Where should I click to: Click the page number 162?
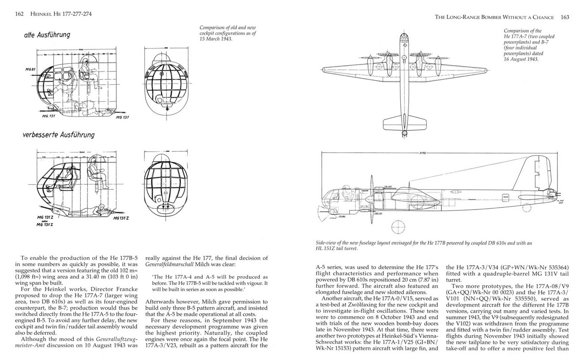[19, 14]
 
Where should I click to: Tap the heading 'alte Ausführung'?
[47, 34]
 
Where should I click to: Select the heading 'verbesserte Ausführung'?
[58, 135]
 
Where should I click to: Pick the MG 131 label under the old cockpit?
[122, 118]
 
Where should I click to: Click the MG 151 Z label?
[45, 225]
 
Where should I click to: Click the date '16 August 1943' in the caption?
[521, 59]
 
